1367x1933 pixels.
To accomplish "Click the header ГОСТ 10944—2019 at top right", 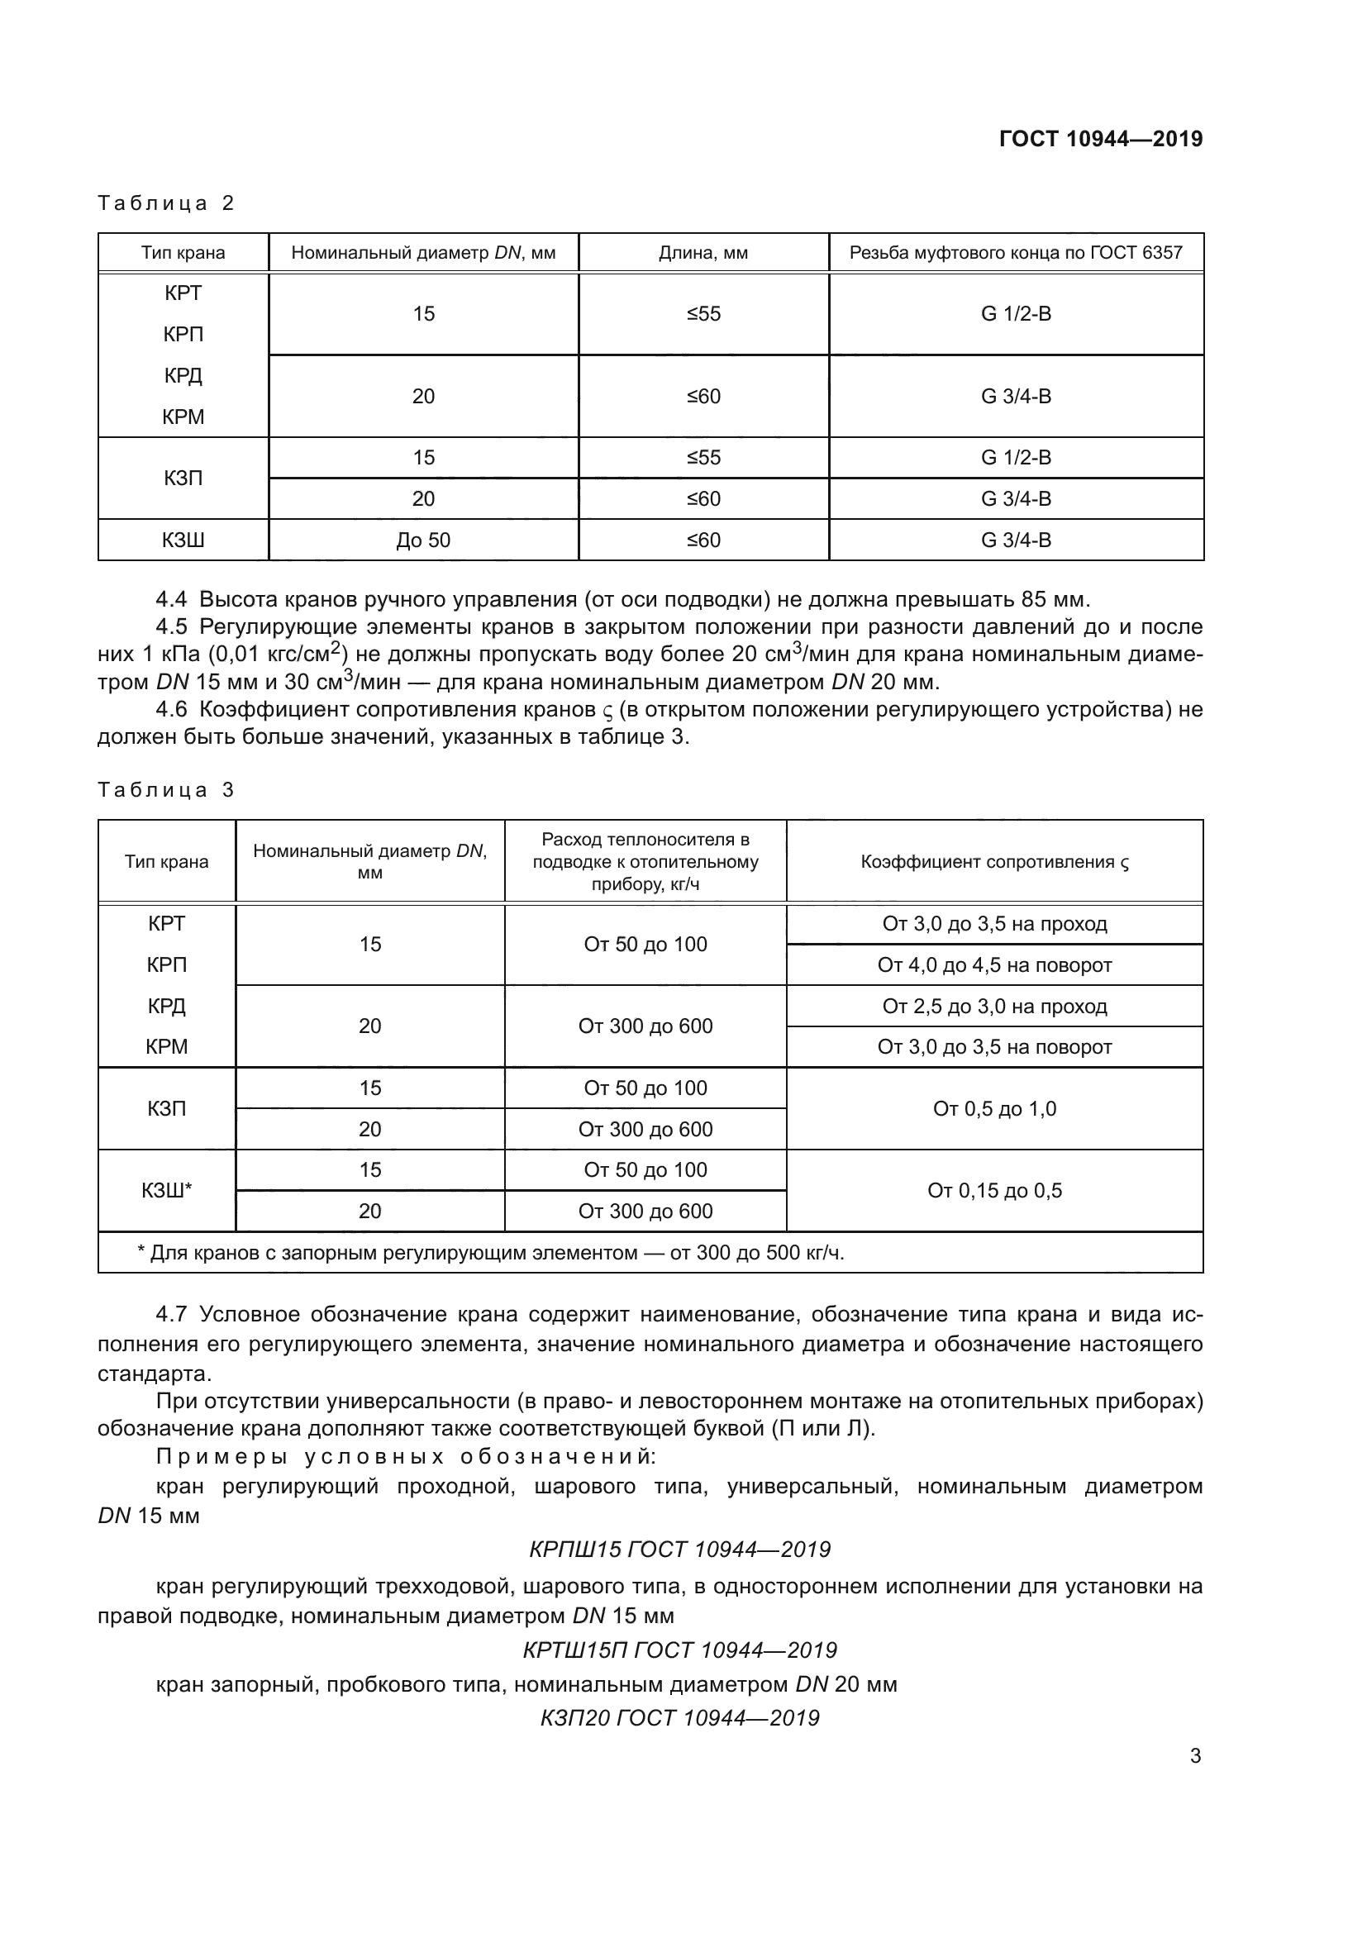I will click(x=1100, y=139).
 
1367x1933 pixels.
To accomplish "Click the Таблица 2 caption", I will click(x=166, y=203).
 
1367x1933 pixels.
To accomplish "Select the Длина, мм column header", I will click(x=703, y=253).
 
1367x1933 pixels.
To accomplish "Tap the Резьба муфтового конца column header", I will click(x=1015, y=253).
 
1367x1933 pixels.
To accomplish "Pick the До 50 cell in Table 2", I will click(x=423, y=540).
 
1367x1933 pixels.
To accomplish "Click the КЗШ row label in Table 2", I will click(x=183, y=540).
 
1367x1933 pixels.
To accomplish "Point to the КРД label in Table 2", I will click(x=183, y=375).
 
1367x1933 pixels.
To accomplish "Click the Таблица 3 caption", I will click(x=166, y=790).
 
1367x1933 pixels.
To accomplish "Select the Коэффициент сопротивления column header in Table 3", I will click(x=994, y=862).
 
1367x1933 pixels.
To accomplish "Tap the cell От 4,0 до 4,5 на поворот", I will click(x=994, y=964).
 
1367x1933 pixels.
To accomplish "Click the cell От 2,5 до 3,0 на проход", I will click(x=994, y=1006).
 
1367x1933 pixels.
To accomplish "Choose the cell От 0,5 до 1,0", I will click(x=994, y=1109).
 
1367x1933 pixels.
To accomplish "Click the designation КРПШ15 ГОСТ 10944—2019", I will click(x=679, y=1549).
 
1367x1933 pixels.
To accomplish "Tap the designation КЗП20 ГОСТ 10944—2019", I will click(x=679, y=1717).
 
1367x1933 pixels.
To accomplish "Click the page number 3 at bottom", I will click(x=1195, y=1755).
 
